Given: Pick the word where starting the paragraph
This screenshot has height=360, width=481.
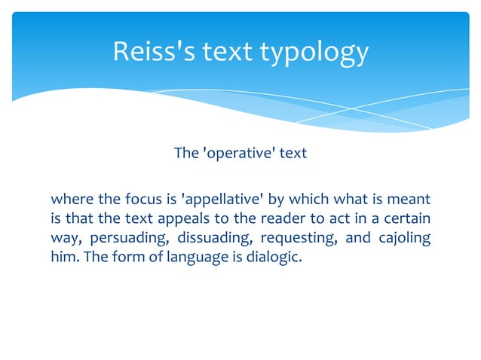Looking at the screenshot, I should pyautogui.click(x=72, y=200).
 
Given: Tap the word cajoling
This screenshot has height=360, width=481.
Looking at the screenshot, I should pyautogui.click(x=404, y=239).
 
